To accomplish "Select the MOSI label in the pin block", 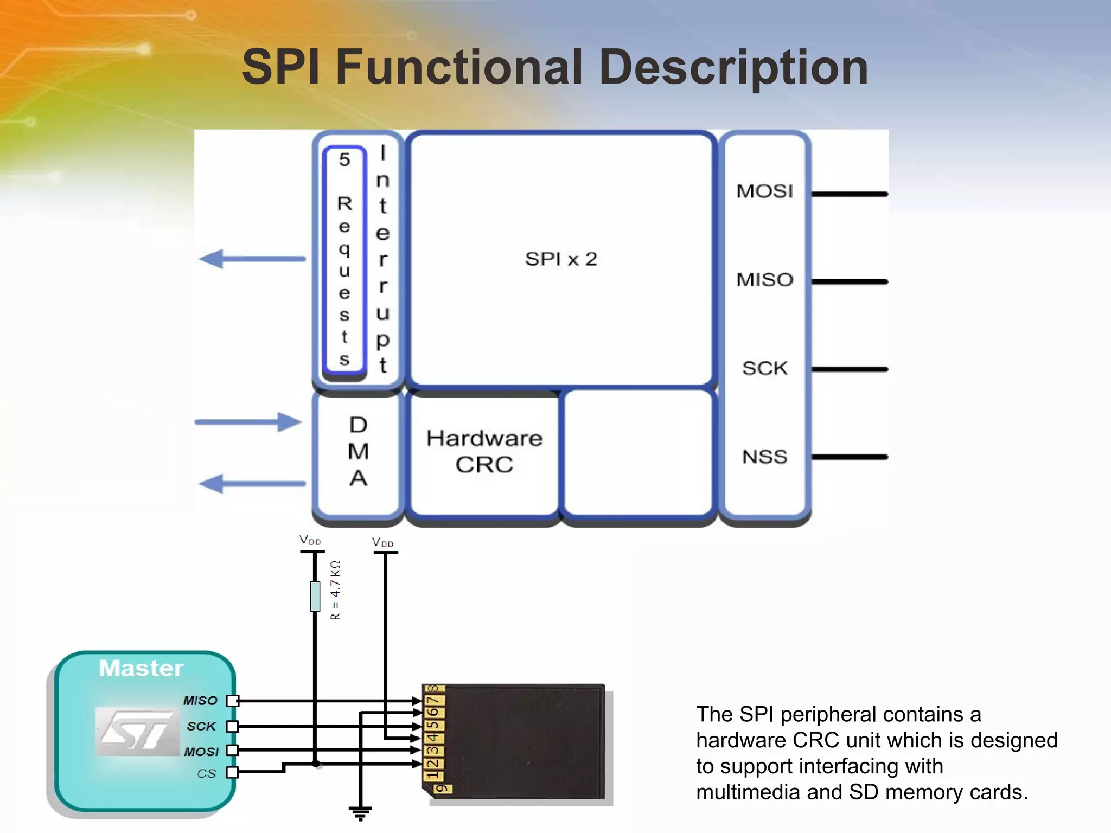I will [x=764, y=191].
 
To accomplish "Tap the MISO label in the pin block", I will [x=764, y=280].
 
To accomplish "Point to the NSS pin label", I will [x=764, y=457].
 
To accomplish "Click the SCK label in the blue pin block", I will [x=764, y=368].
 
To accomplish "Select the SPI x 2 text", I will [x=561, y=259].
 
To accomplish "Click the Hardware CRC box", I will [x=484, y=452].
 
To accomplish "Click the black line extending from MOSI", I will [x=850, y=194].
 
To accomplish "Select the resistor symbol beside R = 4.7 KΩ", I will [x=315, y=596].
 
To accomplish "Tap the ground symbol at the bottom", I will [x=360, y=812].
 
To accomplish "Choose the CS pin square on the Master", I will [x=232, y=772].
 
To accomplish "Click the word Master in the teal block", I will [x=141, y=668].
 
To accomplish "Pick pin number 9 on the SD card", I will [x=442, y=788].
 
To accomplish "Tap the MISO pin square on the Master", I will [x=232, y=701].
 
